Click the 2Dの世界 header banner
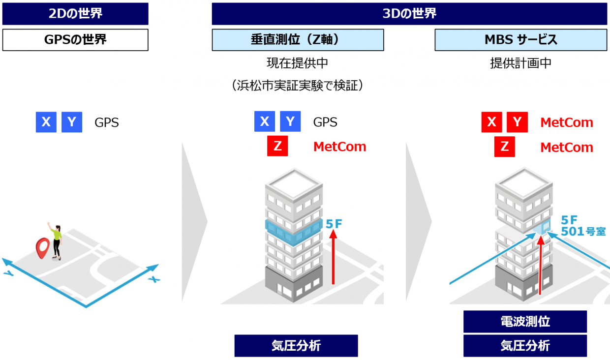point(75,14)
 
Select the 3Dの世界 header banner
point(409,14)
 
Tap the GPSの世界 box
point(75,40)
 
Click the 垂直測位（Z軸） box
point(298,40)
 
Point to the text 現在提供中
point(297,63)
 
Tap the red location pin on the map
point(43,247)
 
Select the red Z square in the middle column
point(277,147)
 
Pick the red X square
point(491,122)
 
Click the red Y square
point(517,122)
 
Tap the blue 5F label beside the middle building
point(334,224)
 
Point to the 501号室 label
point(583,231)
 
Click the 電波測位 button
point(525,322)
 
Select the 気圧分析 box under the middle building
point(296,346)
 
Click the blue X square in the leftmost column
point(46,122)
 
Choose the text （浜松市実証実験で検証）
point(297,86)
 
